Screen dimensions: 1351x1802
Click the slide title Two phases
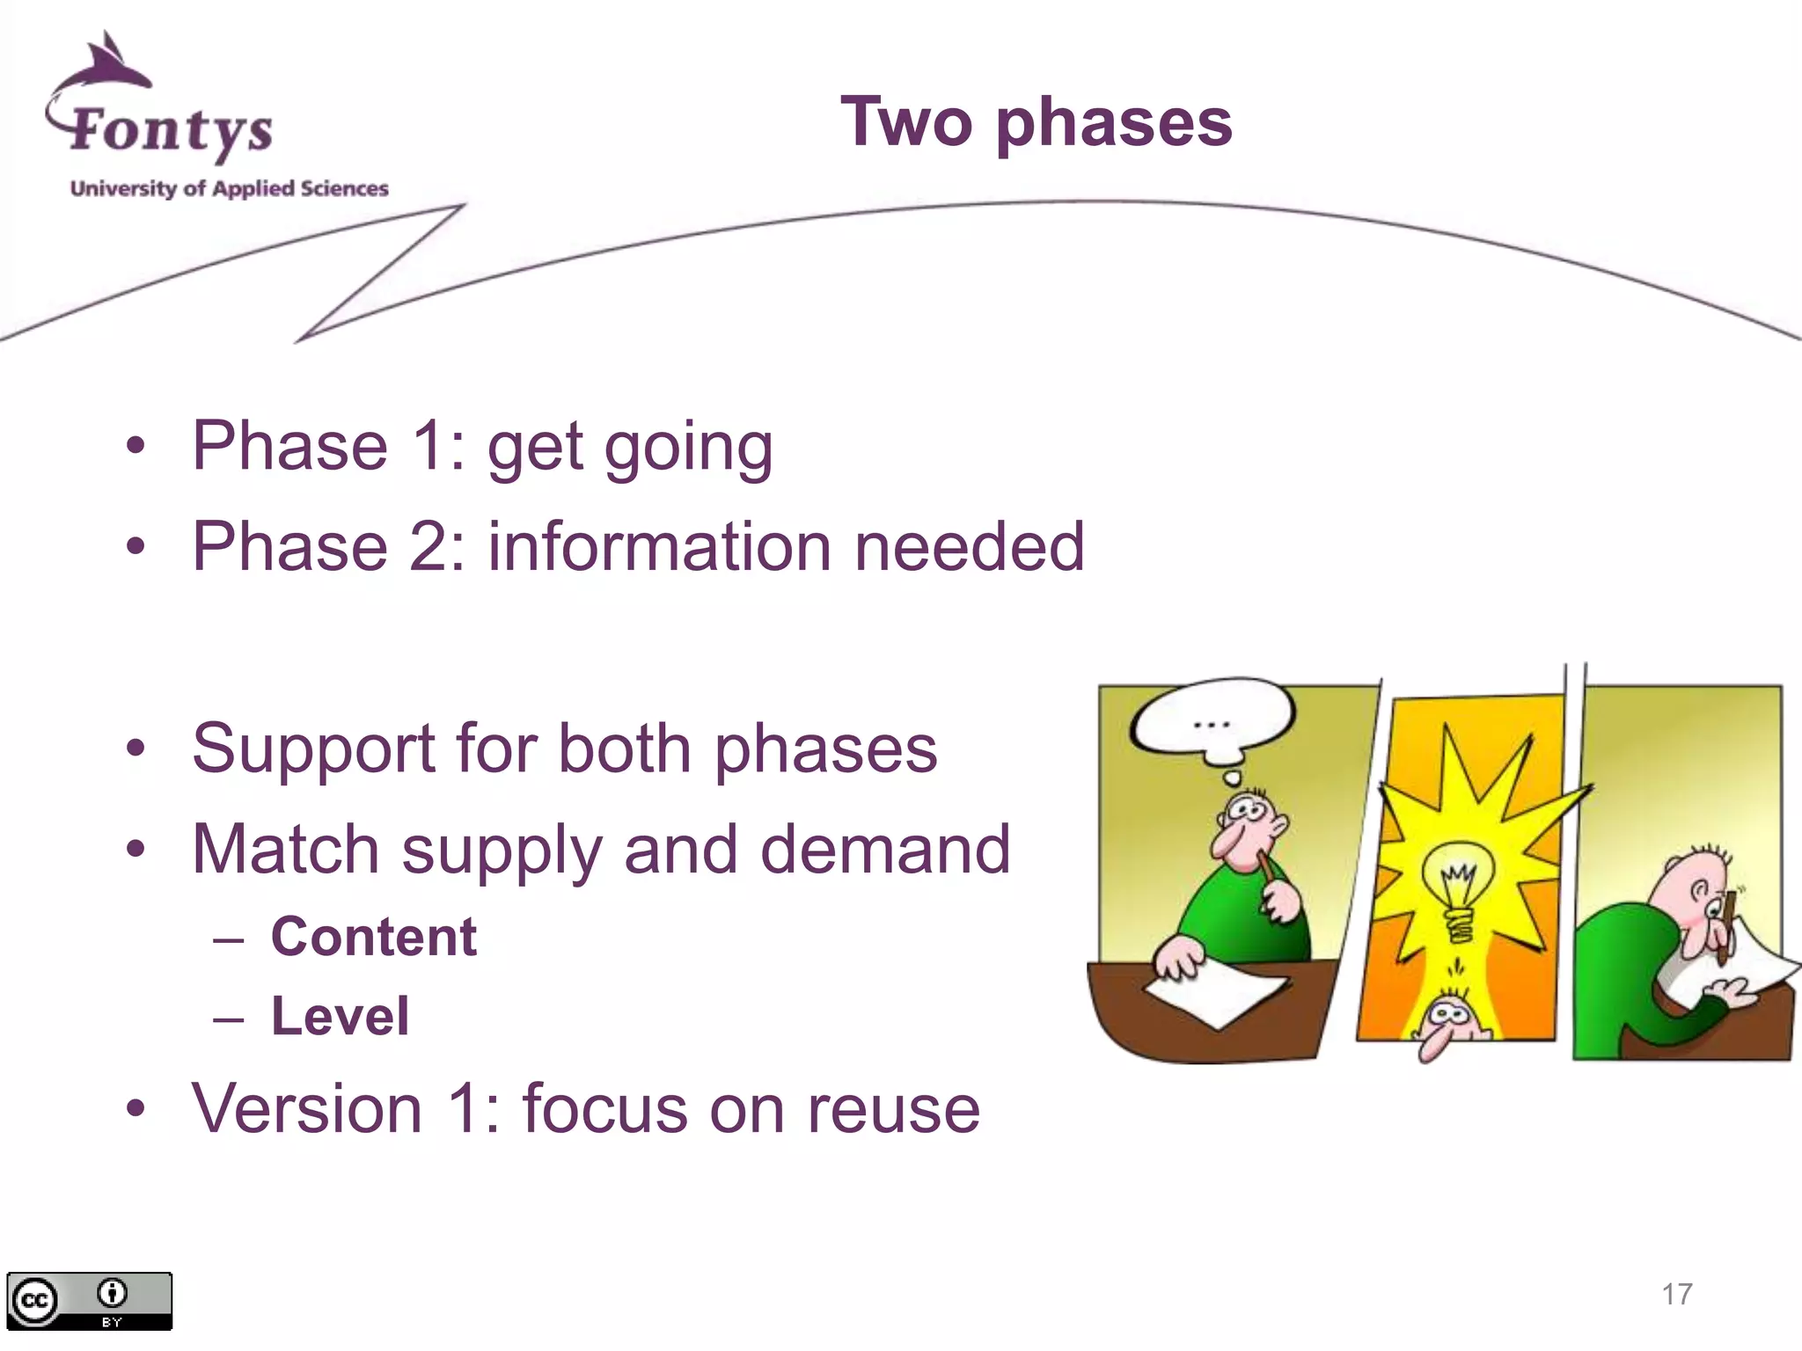pyautogui.click(x=1036, y=123)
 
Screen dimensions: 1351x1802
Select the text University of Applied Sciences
pyautogui.click(x=229, y=188)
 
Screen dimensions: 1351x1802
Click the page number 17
pyautogui.click(x=1676, y=1294)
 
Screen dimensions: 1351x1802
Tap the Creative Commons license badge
pyautogui.click(x=89, y=1301)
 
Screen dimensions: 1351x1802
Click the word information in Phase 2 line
pyautogui.click(x=659, y=547)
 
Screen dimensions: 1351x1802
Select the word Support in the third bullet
pyautogui.click(x=313, y=749)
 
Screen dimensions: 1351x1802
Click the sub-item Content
pyautogui.click(x=373, y=937)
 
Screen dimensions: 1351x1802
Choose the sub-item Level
pyautogui.click(x=340, y=1017)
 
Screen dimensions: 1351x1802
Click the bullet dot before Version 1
pyautogui.click(x=135, y=1109)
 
